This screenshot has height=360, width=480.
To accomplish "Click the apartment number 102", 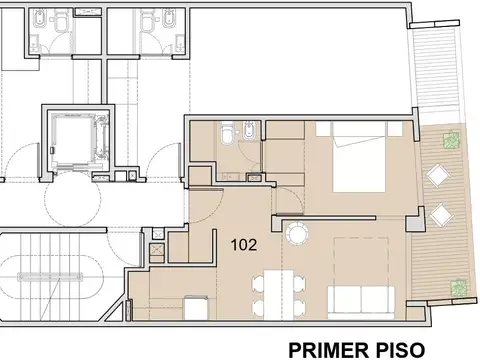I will pyautogui.click(x=243, y=243).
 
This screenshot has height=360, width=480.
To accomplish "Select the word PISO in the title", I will pyautogui.click(x=398, y=350).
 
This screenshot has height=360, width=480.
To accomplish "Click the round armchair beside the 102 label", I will pyautogui.click(x=296, y=234).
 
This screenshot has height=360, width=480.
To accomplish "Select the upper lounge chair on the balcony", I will pyautogui.click(x=438, y=175).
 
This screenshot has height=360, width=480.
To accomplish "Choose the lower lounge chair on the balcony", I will pyautogui.click(x=438, y=214).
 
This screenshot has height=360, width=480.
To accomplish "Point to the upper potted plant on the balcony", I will pyautogui.click(x=452, y=139).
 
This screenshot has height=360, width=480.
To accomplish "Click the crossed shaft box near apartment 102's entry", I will pyautogui.click(x=157, y=239).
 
